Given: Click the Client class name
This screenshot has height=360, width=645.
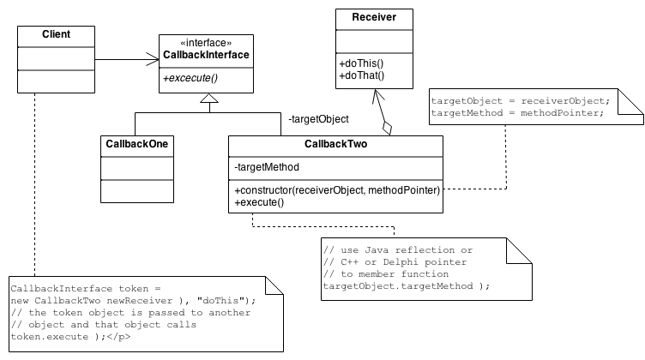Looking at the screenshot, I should tap(56, 35).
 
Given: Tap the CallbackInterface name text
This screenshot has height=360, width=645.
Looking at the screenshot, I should tap(206, 55).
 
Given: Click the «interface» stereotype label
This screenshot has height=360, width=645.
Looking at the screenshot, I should tap(206, 42).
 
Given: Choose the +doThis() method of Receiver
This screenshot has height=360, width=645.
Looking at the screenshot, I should tap(361, 63).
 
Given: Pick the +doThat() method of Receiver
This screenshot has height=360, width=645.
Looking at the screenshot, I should tap(361, 75).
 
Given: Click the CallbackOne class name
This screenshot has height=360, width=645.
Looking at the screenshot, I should tap(136, 144).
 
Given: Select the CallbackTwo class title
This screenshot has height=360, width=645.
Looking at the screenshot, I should tap(335, 144).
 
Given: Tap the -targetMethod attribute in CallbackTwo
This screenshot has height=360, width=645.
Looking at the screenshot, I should tap(266, 167).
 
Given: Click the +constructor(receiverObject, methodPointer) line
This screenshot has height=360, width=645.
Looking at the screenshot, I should tap(336, 189).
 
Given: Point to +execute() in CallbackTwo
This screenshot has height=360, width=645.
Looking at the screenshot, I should tap(258, 202).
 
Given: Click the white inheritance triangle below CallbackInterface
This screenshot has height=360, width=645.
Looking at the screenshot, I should tap(208, 99).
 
